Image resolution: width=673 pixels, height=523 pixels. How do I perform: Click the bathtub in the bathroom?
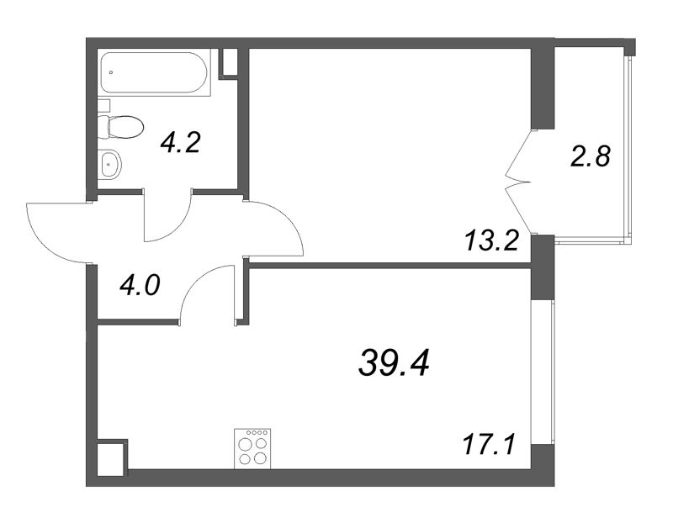coord(155,72)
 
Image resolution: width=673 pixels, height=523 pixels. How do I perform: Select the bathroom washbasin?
coord(110,163)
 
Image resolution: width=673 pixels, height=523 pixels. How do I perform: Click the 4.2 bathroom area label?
coord(180,142)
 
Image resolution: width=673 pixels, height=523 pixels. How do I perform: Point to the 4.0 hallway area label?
coord(140,285)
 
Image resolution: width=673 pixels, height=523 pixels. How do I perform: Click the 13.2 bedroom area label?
coord(492,242)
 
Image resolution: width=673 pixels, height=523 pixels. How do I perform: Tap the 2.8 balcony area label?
coord(591,156)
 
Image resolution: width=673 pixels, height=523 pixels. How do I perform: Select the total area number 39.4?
coord(394,362)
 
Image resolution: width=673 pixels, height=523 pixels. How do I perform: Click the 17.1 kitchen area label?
coord(489,445)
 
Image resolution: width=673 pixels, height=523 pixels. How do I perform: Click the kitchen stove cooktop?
coord(252,448)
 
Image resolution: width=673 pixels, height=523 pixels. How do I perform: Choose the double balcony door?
coord(518,182)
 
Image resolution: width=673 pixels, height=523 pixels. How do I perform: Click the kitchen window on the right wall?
coord(543,372)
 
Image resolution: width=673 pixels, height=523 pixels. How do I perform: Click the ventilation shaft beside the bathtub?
coord(229,63)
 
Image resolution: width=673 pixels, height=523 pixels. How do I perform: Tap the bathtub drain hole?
coord(111,72)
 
